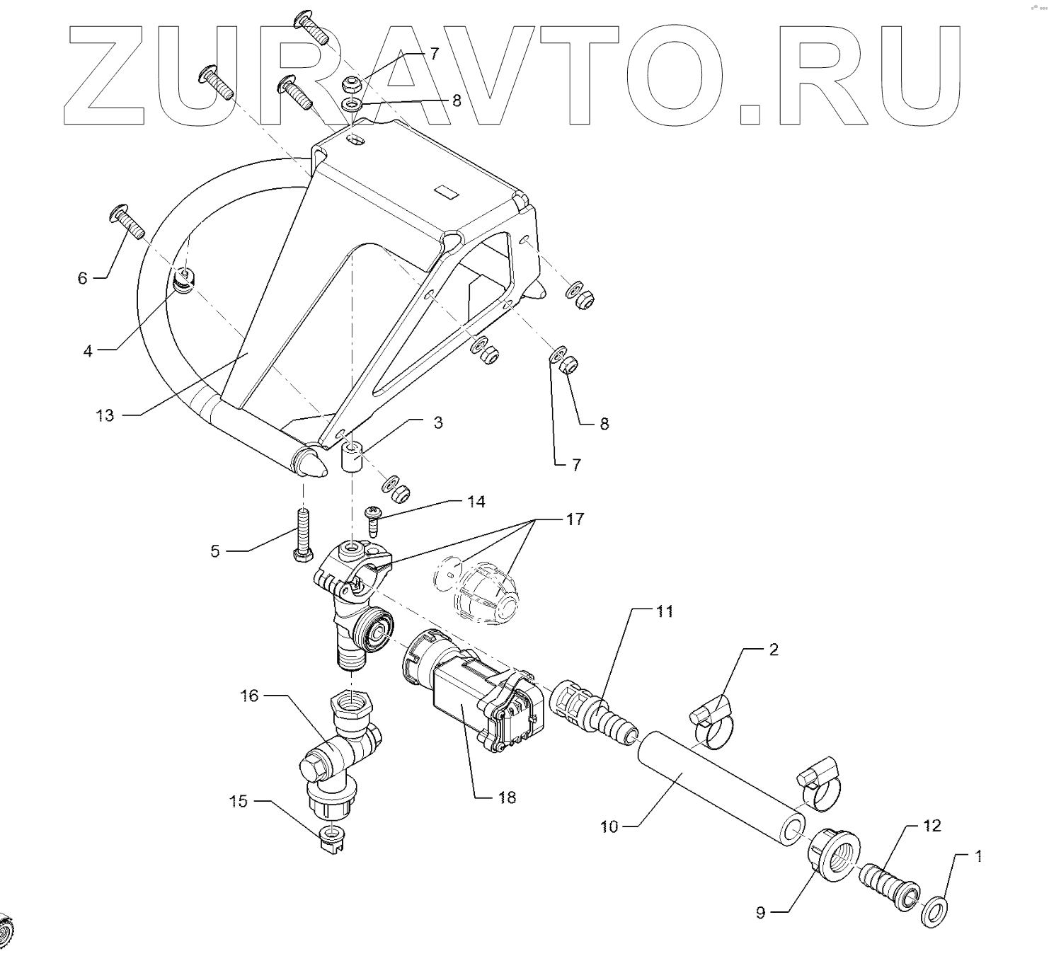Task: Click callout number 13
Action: coord(105,415)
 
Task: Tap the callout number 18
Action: coord(507,797)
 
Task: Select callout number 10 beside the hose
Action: coord(609,826)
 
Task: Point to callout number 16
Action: coord(250,696)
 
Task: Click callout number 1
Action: coord(979,857)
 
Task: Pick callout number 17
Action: coord(575,519)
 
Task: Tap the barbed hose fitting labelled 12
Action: coord(889,887)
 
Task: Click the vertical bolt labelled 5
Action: coord(302,532)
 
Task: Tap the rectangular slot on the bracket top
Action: coord(447,190)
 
